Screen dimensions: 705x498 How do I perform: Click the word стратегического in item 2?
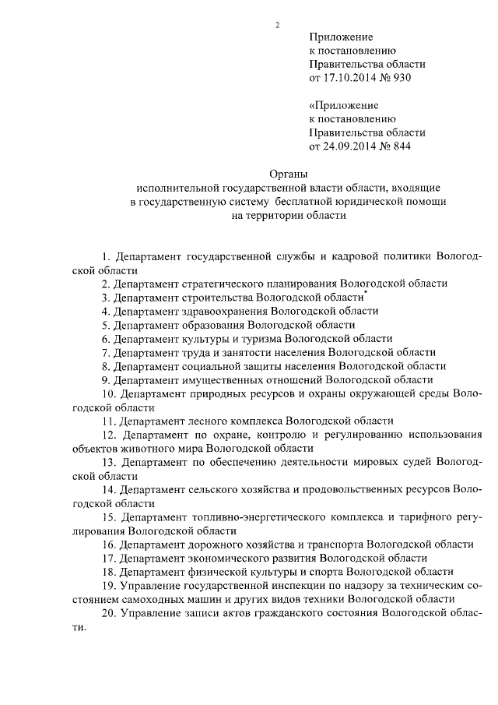[230, 284]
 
